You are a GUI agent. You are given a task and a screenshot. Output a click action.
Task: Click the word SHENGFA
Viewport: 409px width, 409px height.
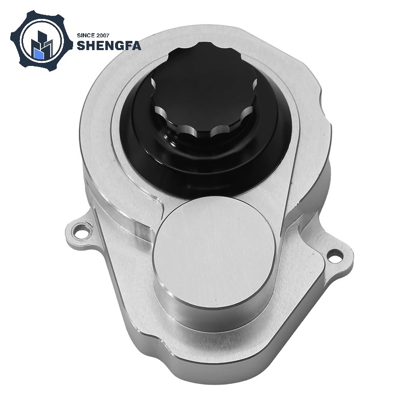[109, 46]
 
